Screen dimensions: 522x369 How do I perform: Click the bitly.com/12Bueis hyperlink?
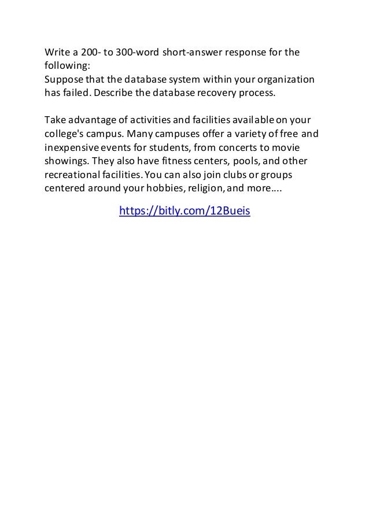[x=184, y=211]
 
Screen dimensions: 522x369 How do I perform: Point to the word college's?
[x=65, y=134]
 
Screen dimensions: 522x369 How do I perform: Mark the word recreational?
[x=75, y=174]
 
